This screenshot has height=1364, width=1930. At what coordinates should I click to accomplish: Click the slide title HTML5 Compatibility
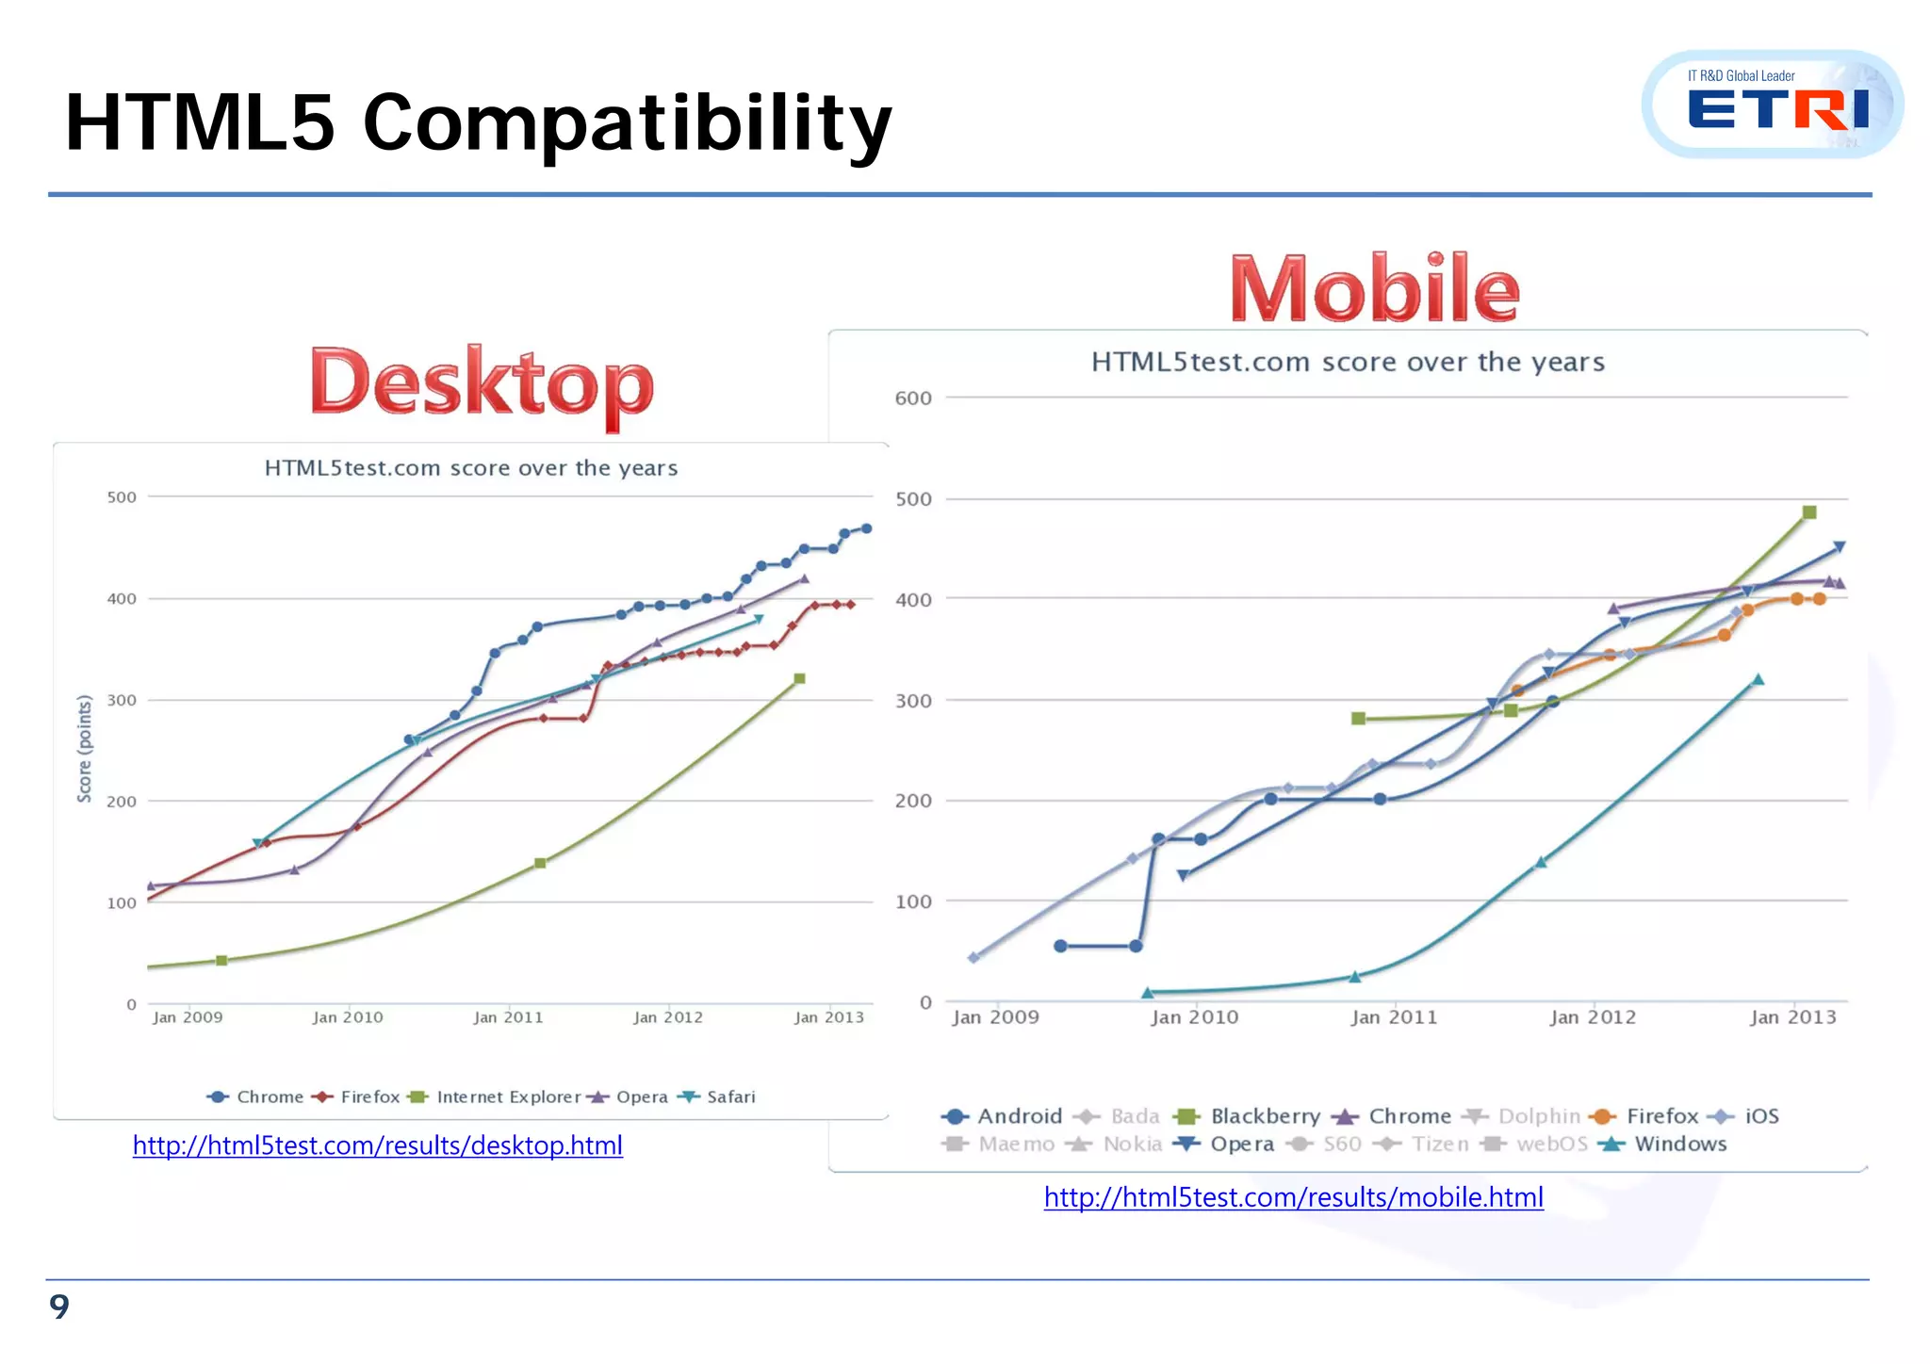[x=478, y=122]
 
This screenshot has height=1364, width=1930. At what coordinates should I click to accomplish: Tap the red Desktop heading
[x=481, y=384]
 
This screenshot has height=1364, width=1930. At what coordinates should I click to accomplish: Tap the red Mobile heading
[x=1374, y=289]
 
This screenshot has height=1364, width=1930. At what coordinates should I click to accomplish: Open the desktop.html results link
[x=377, y=1145]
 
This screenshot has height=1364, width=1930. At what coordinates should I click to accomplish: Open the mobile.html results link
[x=1293, y=1197]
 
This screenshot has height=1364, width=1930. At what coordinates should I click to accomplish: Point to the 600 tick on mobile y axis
[x=912, y=398]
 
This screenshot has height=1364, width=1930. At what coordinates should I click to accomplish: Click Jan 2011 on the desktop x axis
[x=508, y=1017]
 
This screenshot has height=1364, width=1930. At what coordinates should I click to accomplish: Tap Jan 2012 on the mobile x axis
[x=1593, y=1017]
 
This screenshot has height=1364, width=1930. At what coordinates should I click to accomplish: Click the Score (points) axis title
[x=85, y=749]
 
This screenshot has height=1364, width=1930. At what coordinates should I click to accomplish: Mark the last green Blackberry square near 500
[x=1808, y=512]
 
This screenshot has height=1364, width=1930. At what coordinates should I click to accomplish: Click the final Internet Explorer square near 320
[x=799, y=678]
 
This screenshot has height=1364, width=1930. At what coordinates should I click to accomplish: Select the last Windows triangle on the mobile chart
[x=1758, y=679]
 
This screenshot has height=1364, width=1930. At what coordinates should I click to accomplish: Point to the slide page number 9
[x=59, y=1307]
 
